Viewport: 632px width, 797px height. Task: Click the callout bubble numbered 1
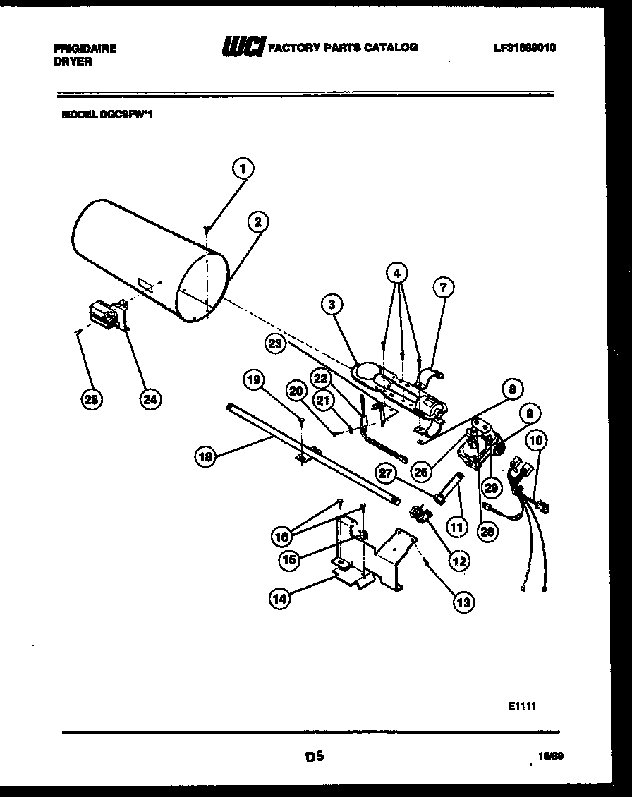pos(243,169)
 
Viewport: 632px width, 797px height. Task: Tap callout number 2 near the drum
pos(257,222)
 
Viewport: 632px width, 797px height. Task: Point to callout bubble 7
pos(442,287)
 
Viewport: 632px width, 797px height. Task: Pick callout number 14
pos(280,599)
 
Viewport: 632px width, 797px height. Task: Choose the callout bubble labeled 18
pos(205,456)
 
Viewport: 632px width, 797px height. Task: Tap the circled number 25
pos(90,399)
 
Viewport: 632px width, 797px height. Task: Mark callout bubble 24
pos(149,399)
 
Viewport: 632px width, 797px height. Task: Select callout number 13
pos(463,602)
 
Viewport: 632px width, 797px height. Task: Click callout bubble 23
pos(276,343)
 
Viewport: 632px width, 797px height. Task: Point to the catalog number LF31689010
pos(525,48)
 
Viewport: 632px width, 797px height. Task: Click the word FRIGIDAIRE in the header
pos(85,49)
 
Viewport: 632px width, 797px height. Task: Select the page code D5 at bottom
pos(314,757)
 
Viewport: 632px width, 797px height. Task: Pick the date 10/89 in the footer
pos(550,756)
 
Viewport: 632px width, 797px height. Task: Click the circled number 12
pos(459,561)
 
